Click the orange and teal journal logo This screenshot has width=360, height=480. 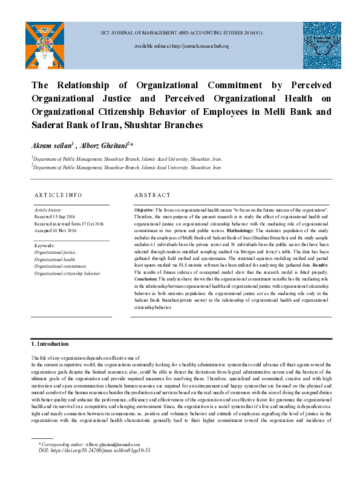point(44,44)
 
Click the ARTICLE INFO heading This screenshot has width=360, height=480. point(59,195)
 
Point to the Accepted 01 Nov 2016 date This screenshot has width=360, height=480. point(55,230)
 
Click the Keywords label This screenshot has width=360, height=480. point(45,245)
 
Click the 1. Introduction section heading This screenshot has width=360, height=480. point(51,343)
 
